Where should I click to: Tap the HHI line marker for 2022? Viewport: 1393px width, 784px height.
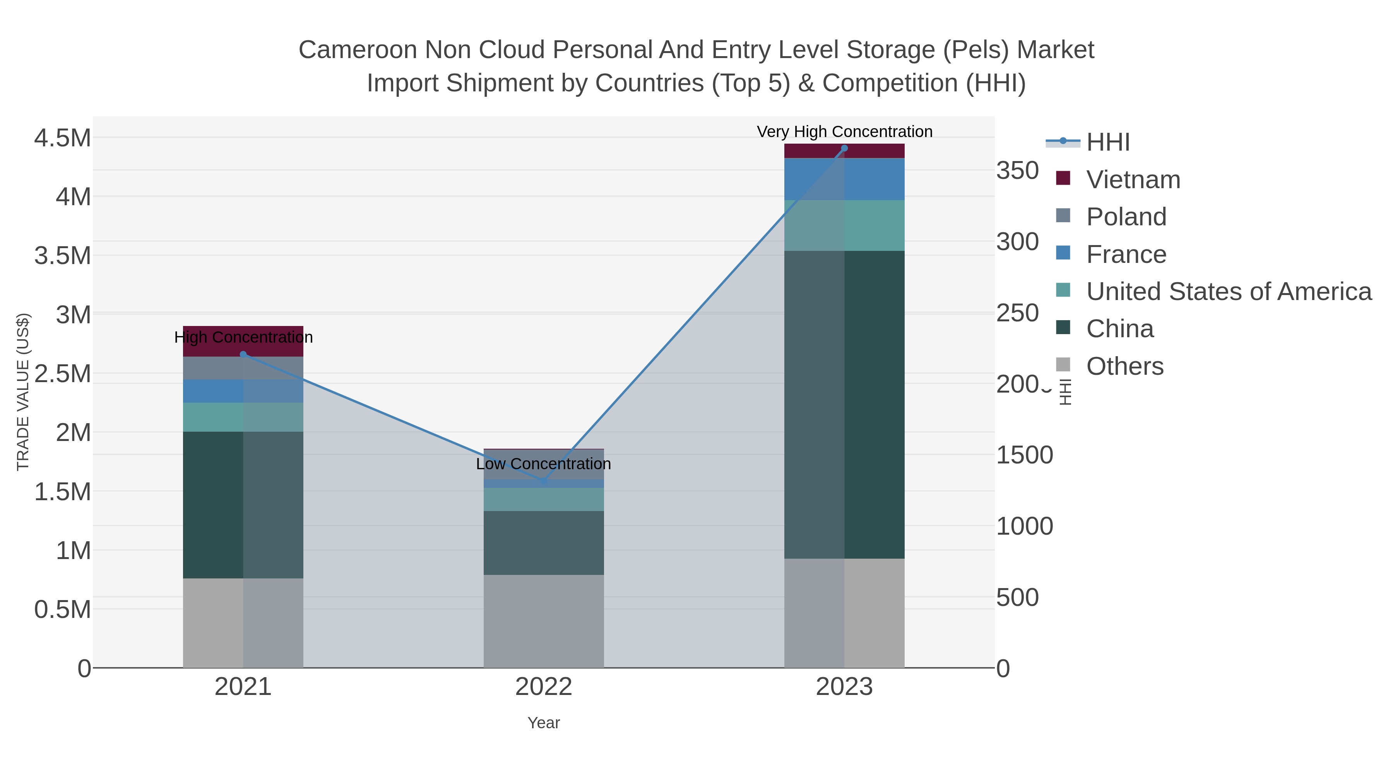point(544,480)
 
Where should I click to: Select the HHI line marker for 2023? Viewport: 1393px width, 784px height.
point(844,148)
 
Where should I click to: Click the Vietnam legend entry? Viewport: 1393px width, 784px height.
point(1133,180)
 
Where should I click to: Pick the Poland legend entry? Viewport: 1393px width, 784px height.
point(1126,217)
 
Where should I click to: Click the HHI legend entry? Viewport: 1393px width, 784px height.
point(1107,142)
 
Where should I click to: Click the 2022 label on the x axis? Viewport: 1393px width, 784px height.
point(544,687)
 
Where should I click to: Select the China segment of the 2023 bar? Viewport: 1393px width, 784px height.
point(844,405)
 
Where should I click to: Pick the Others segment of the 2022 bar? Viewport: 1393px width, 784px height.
point(544,621)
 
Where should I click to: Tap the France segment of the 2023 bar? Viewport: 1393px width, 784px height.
point(844,179)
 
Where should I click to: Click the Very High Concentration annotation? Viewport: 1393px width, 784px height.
point(844,132)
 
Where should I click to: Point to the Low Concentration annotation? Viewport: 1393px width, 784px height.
point(544,464)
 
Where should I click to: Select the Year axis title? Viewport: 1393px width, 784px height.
point(544,723)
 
